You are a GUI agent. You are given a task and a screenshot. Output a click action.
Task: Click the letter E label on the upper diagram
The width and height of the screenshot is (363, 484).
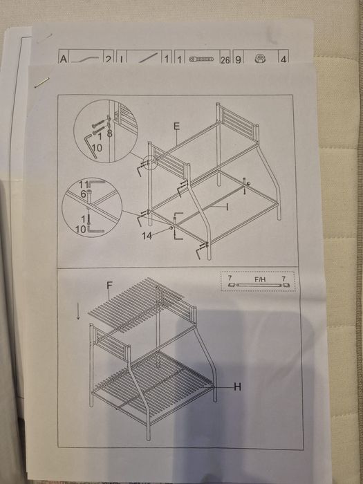click(x=177, y=126)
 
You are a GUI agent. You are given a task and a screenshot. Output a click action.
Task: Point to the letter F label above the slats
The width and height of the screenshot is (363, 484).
click(x=109, y=285)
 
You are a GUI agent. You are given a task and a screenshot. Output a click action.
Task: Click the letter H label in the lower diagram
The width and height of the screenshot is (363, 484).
click(x=237, y=387)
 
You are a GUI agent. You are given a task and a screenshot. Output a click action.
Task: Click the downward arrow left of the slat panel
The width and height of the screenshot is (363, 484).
click(x=79, y=313)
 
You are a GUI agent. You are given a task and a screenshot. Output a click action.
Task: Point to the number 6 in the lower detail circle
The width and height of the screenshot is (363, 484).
click(x=83, y=195)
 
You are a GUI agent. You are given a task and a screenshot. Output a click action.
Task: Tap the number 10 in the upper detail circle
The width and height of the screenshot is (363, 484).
click(x=96, y=148)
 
